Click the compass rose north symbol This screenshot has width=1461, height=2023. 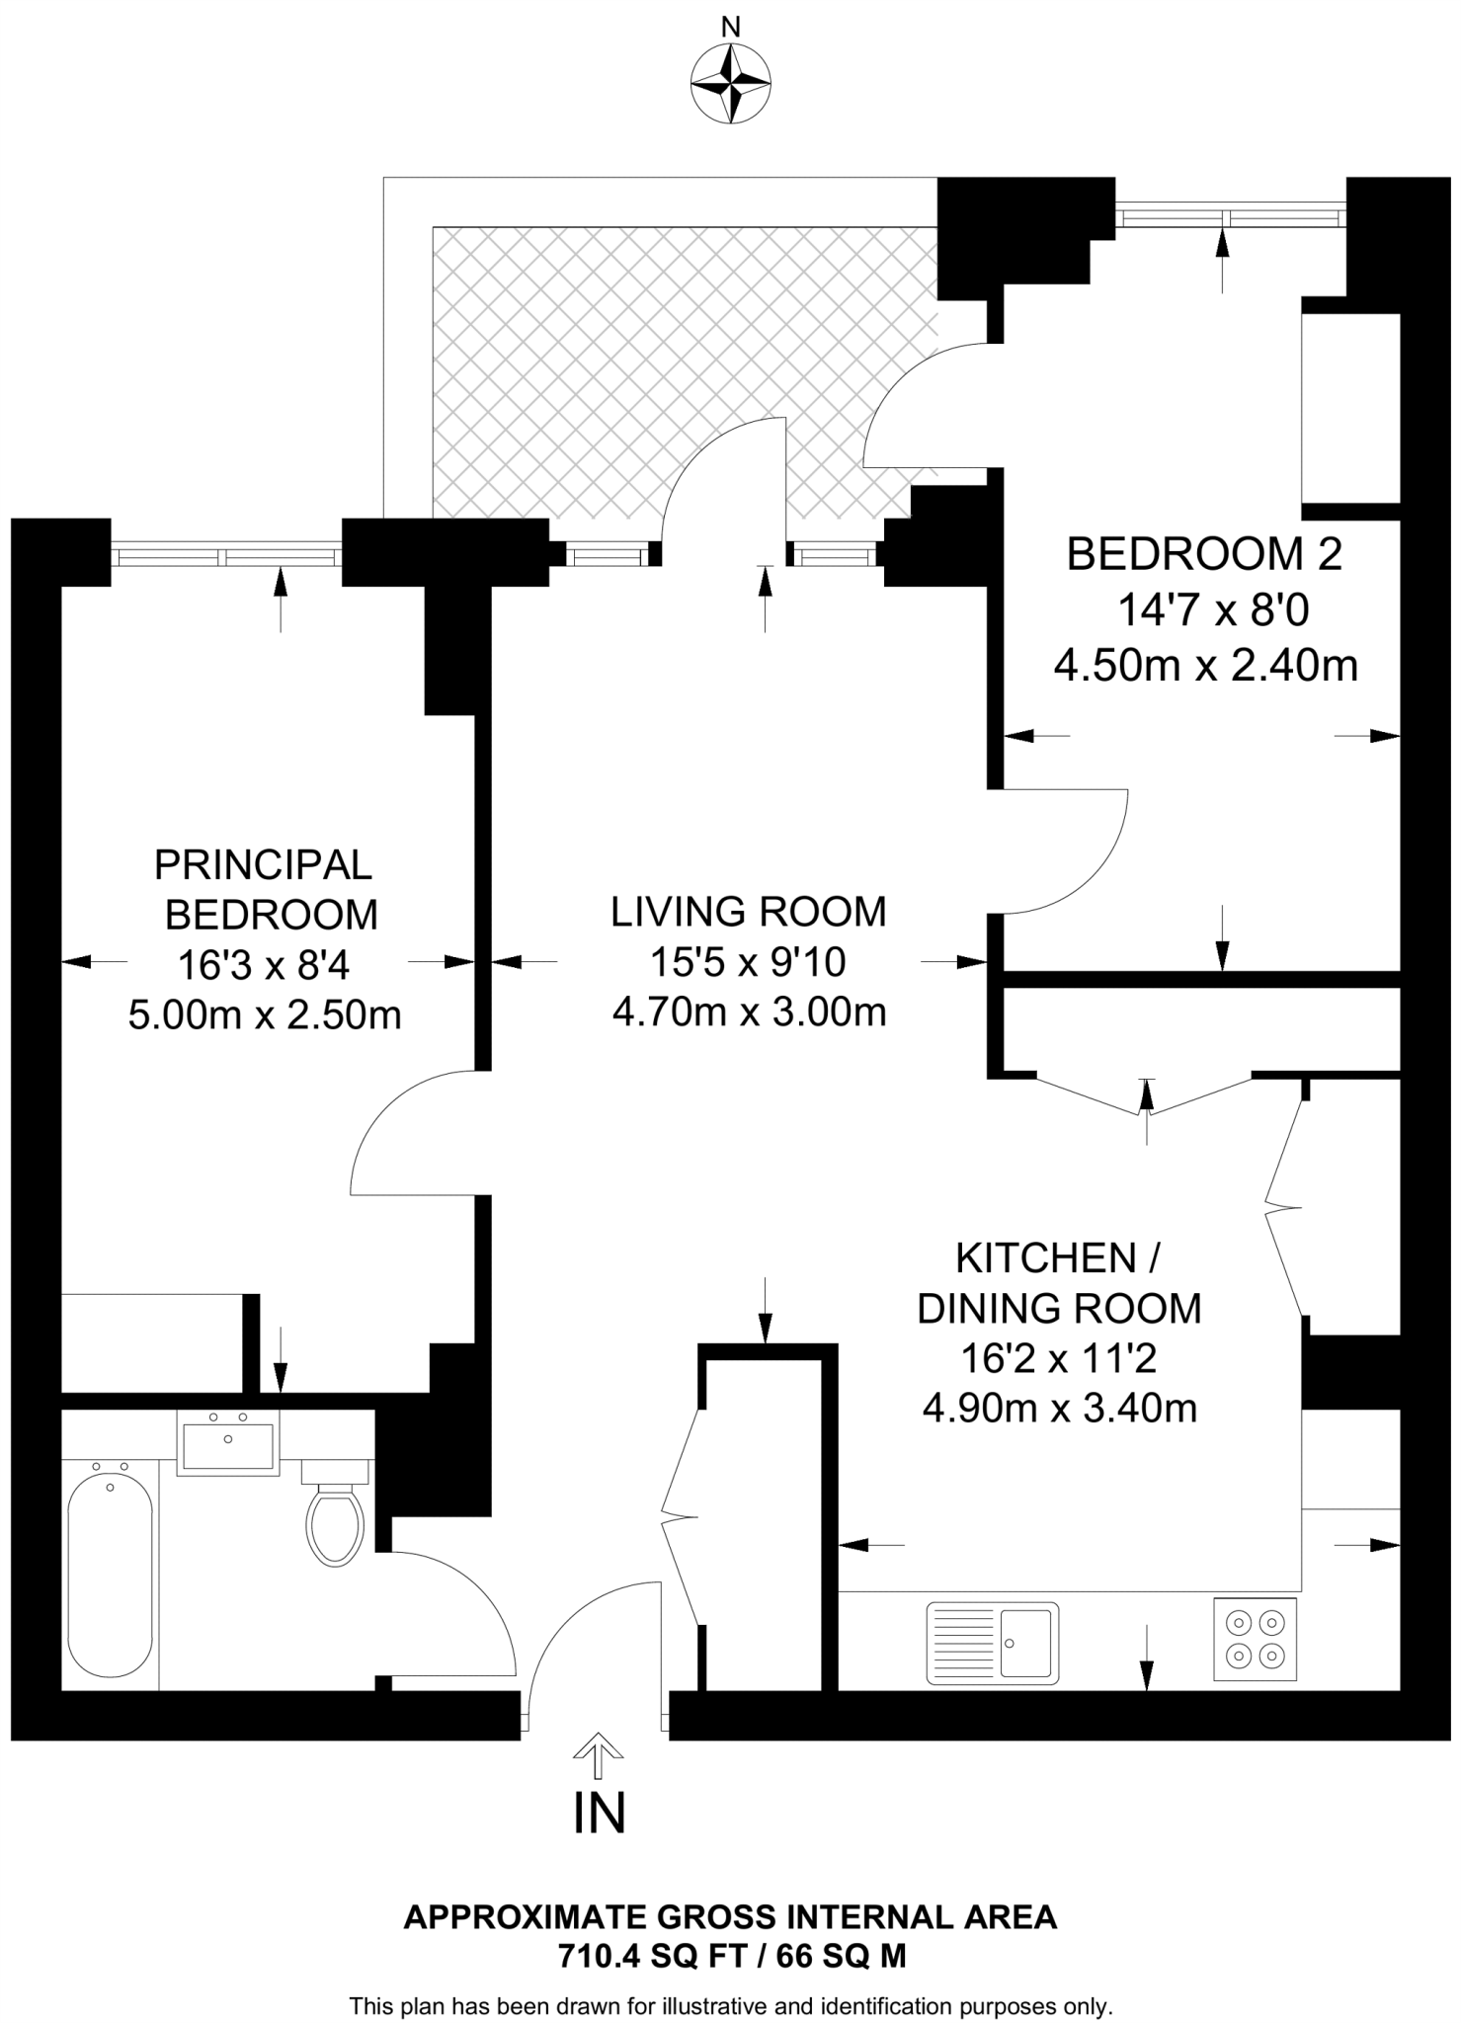pyautogui.click(x=730, y=83)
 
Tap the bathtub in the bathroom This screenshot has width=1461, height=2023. pyautogui.click(x=110, y=1575)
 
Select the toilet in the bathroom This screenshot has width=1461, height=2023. pyautogui.click(x=335, y=1525)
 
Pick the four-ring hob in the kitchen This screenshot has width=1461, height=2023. pyautogui.click(x=1255, y=1639)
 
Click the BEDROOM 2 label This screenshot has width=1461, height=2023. pyautogui.click(x=1204, y=554)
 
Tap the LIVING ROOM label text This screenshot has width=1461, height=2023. pyautogui.click(x=748, y=912)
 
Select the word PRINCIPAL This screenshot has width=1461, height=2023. pyautogui.click(x=263, y=865)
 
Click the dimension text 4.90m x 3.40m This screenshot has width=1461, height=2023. pyautogui.click(x=1059, y=1408)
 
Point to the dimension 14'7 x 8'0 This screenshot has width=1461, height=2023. pyautogui.click(x=1212, y=610)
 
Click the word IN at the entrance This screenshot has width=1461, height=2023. pyautogui.click(x=600, y=1813)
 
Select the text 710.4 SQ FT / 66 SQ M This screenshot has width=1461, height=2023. pyautogui.click(x=731, y=1956)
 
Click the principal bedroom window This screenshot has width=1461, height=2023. pyautogui.click(x=226, y=557)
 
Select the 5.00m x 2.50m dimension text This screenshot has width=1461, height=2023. pyautogui.click(x=265, y=1015)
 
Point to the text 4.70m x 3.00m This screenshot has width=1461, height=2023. pyautogui.click(x=749, y=1012)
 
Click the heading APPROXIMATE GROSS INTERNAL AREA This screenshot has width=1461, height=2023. pyautogui.click(x=731, y=1918)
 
